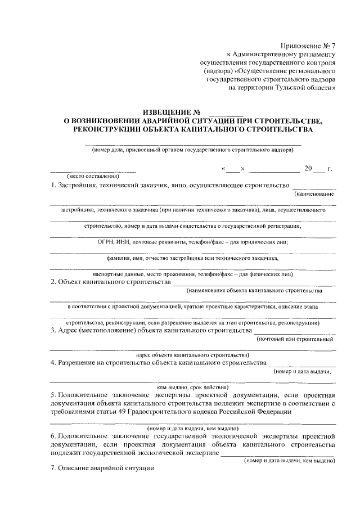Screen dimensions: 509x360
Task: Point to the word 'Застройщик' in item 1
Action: (76, 184)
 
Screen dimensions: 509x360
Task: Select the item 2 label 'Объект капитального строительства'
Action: (114, 282)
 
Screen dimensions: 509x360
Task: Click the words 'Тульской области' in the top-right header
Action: (305, 88)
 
